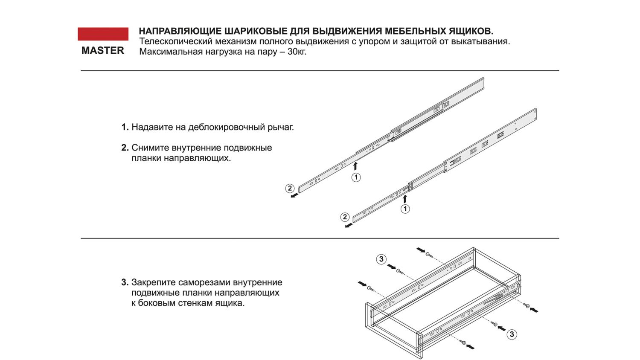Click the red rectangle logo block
point(103,34)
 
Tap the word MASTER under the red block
point(103,50)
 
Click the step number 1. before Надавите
point(125,127)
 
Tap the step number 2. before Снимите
point(125,148)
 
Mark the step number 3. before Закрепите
point(125,282)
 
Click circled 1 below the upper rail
point(356,177)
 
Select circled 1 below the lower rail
point(405,209)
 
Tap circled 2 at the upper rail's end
point(290,188)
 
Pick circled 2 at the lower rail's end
point(345,217)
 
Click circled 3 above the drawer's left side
point(381,259)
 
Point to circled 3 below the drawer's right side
point(512,334)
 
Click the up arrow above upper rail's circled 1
point(355,166)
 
